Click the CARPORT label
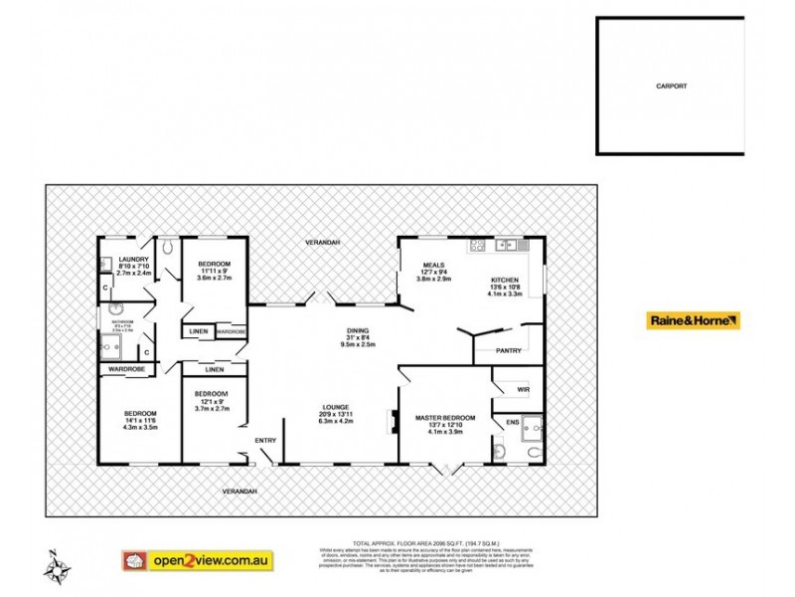pyautogui.click(x=671, y=87)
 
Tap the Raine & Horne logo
pyautogui.click(x=694, y=320)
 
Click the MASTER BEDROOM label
pyautogui.click(x=445, y=417)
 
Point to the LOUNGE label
pyautogui.click(x=335, y=407)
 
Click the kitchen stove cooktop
pyautogui.click(x=477, y=246)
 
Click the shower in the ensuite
pyautogui.click(x=533, y=426)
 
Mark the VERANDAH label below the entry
pyautogui.click(x=239, y=492)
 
